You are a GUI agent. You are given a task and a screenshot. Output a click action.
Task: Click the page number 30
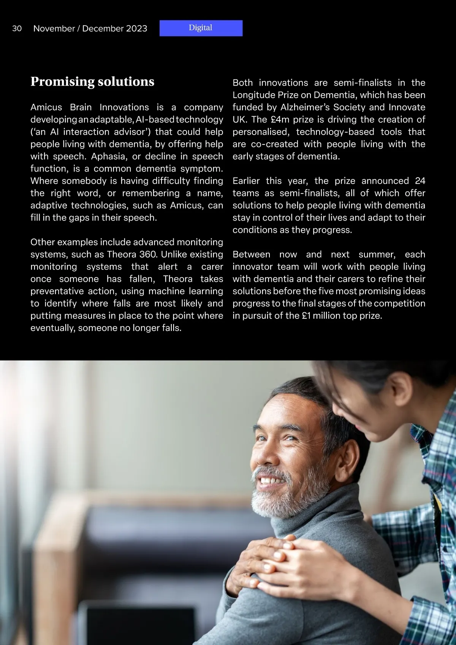click(17, 29)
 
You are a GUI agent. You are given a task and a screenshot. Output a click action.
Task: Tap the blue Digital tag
click(201, 28)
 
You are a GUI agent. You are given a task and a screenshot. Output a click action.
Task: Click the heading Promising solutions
click(92, 82)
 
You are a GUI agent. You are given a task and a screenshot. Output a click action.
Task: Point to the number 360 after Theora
click(148, 254)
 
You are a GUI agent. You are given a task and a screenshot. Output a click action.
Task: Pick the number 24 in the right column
click(420, 181)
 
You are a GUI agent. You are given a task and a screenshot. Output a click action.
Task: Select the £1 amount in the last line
click(306, 316)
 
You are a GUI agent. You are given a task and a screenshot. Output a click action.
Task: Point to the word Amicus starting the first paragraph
click(46, 107)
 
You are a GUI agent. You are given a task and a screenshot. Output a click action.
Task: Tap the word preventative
click(58, 291)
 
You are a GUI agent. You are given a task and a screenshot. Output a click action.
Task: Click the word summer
click(377, 254)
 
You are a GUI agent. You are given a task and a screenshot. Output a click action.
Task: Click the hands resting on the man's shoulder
click(281, 559)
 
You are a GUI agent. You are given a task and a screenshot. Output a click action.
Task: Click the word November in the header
click(54, 29)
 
